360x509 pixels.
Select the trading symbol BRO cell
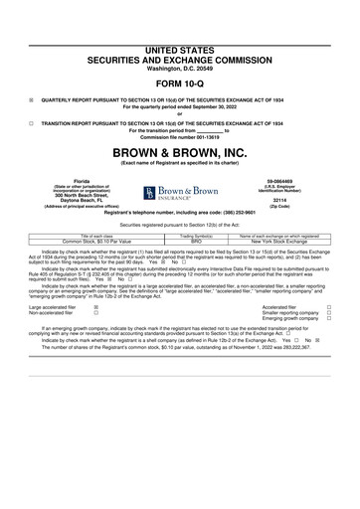tap(196, 241)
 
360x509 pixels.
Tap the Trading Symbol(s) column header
tap(196, 235)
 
